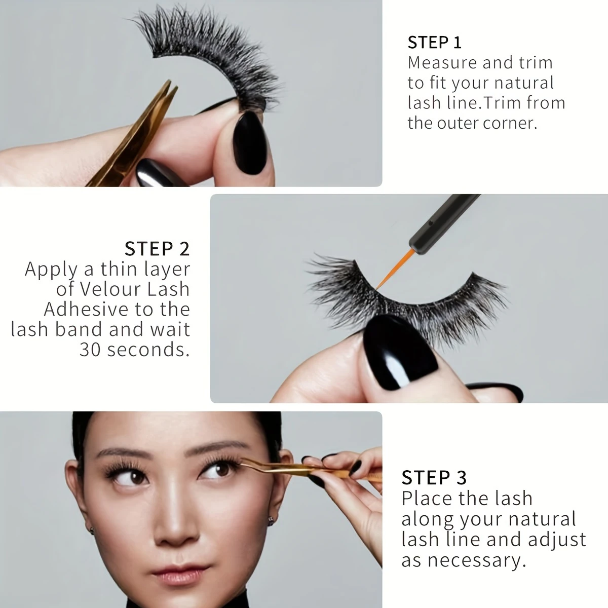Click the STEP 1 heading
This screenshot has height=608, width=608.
[434, 42]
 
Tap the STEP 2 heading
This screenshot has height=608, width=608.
[157, 249]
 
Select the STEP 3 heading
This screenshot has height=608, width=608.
[434, 478]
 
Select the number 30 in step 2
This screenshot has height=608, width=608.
[90, 350]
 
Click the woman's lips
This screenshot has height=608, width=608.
[179, 572]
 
